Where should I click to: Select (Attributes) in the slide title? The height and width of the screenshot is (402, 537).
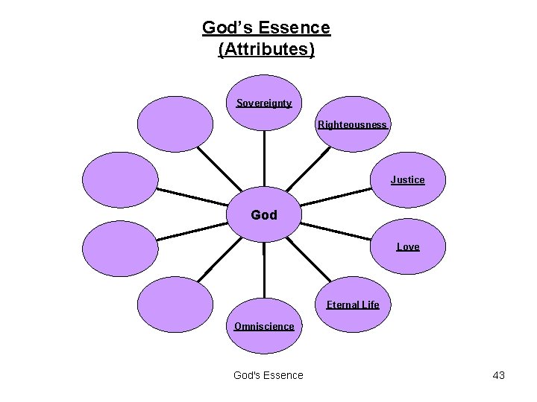click(266, 50)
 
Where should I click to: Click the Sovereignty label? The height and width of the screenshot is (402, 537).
click(264, 103)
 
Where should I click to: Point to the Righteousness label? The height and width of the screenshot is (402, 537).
click(352, 124)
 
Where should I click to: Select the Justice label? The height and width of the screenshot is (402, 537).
click(407, 179)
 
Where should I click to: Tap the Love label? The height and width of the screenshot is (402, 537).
click(408, 246)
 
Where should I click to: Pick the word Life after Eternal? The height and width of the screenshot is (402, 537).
click(370, 304)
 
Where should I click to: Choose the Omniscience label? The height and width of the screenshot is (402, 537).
click(264, 326)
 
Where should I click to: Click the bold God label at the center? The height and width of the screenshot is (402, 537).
click(264, 215)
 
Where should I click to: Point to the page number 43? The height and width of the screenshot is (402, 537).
click(499, 375)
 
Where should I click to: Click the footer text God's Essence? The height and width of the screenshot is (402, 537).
click(268, 375)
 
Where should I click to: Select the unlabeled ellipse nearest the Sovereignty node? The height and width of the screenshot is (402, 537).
click(176, 124)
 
